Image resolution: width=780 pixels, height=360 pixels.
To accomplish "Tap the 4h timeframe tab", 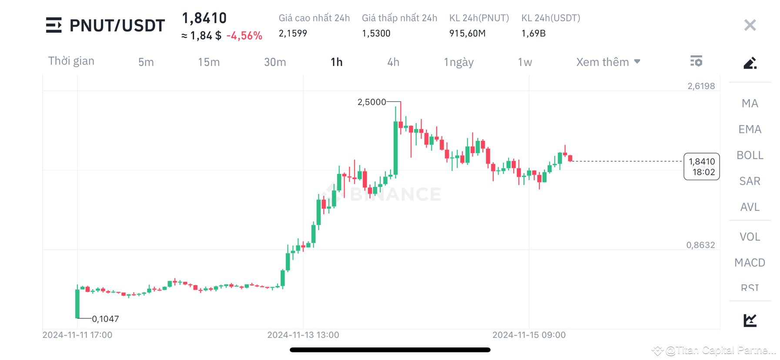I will click(393, 62).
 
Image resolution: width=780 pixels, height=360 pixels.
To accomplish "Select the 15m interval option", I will click(209, 62).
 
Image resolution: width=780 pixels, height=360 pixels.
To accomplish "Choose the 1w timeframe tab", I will click(525, 62).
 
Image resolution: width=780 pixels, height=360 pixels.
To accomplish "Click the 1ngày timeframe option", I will click(459, 62).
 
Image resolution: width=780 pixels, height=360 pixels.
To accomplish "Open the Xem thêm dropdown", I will click(608, 62).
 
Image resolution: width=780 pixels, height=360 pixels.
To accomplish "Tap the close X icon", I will click(750, 25).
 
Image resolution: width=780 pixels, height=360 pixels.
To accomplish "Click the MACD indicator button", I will click(750, 263).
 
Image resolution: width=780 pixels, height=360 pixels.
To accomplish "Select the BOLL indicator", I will click(750, 155).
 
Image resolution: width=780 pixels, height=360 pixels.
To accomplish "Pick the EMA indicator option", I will click(750, 129).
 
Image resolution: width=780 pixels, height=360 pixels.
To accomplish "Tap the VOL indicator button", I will click(750, 237).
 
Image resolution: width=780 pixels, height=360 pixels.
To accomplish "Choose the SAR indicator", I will click(750, 181).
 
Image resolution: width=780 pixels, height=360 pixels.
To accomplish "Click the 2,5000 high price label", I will click(372, 102).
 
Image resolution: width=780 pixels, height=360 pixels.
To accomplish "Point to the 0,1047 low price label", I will click(105, 319).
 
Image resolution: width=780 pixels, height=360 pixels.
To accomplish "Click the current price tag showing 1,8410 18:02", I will click(701, 167).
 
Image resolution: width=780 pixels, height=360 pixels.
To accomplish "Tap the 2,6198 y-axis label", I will click(701, 86).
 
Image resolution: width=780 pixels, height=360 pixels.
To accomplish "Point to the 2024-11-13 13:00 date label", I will click(303, 335).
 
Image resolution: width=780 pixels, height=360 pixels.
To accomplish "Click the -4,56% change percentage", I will click(244, 36).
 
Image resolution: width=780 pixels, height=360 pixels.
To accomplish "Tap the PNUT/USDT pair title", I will click(117, 26).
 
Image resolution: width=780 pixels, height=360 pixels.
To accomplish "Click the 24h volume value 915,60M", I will click(467, 33).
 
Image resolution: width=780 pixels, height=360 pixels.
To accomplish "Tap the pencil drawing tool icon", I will click(750, 63).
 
